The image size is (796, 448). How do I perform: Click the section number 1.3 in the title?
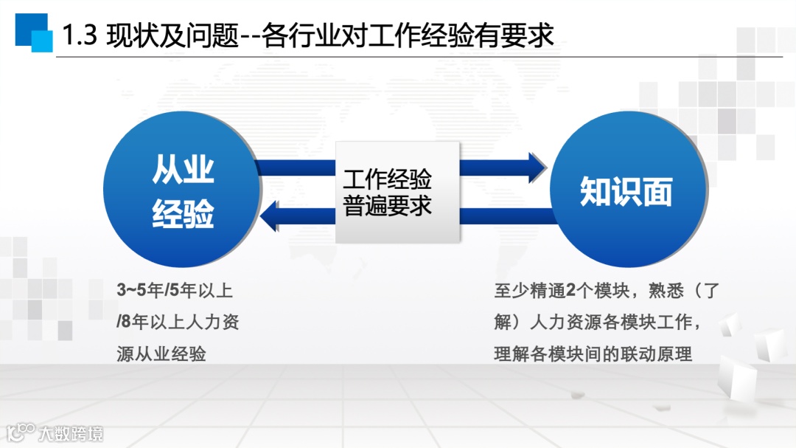pyautogui.click(x=80, y=35)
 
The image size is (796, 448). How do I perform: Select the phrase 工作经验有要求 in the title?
pyautogui.click(x=475, y=35)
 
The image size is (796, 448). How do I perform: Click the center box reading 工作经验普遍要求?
pyautogui.click(x=398, y=192)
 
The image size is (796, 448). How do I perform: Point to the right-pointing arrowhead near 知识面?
pyautogui.click(x=537, y=168)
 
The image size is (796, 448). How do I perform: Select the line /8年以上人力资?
pyautogui.click(x=178, y=322)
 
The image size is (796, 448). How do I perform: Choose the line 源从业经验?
pyautogui.click(x=161, y=354)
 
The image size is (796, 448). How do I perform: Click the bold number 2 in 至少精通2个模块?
pyautogui.click(x=570, y=291)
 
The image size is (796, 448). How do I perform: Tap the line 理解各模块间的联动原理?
pyautogui.click(x=593, y=354)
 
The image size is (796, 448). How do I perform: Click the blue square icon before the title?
pyautogui.click(x=33, y=32)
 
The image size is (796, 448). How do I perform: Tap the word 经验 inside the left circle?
pyautogui.click(x=183, y=215)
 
